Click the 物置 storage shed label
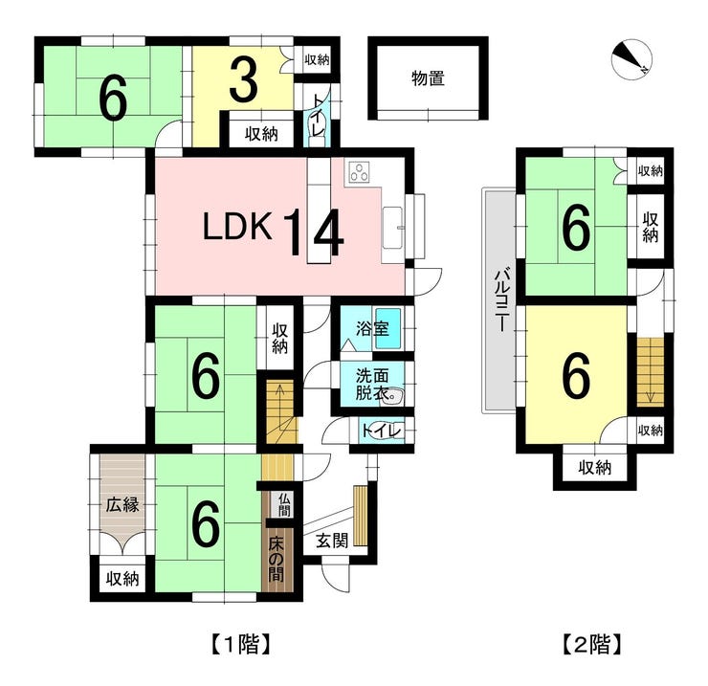[428, 78]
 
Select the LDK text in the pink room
[237, 227]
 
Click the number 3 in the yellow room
[243, 80]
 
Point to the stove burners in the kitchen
[360, 172]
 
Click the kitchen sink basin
[392, 228]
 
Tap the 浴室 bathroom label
[372, 328]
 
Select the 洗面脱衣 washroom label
[372, 385]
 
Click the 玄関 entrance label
[332, 541]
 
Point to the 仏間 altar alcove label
[284, 505]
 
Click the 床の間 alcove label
[276, 560]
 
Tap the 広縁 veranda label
[122, 504]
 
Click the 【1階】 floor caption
[240, 645]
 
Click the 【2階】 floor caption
[592, 645]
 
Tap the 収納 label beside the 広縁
[122, 579]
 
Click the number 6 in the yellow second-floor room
[577, 376]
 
